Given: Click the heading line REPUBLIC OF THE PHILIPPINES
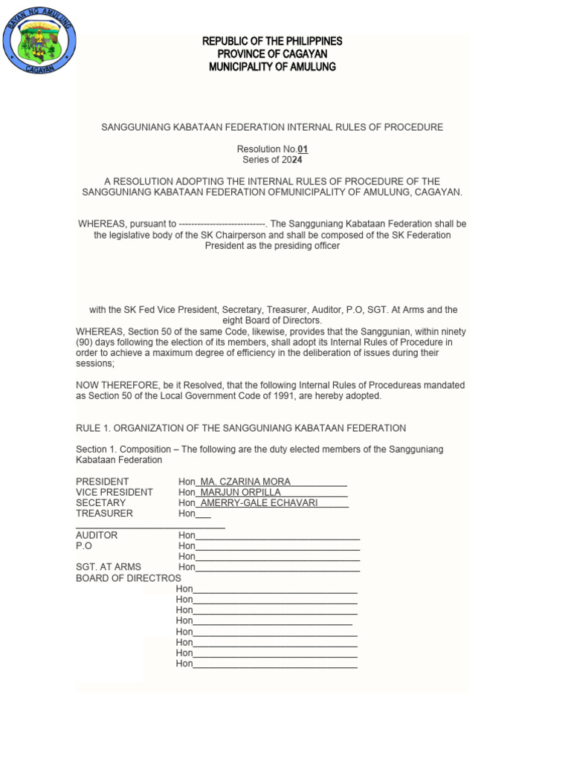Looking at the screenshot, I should tap(272, 41).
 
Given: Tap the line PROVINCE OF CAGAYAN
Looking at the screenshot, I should tap(272, 54).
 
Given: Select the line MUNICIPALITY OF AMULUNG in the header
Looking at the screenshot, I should tap(272, 67).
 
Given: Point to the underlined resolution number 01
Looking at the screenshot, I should tap(303, 149).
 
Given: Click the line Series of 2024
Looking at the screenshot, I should tap(272, 160).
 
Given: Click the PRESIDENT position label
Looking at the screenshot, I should tap(103, 482).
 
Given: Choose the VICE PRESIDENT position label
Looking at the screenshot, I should tap(114, 492).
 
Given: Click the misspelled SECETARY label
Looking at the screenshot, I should tap(101, 503).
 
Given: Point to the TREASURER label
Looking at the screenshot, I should tap(105, 514).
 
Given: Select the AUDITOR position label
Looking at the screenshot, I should tap(97, 535).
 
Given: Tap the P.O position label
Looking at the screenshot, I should tap(84, 545).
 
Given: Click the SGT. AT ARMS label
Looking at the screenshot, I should tap(109, 567).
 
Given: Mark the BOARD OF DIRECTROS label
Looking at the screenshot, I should tap(129, 578).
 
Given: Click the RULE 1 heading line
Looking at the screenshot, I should tap(241, 428).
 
